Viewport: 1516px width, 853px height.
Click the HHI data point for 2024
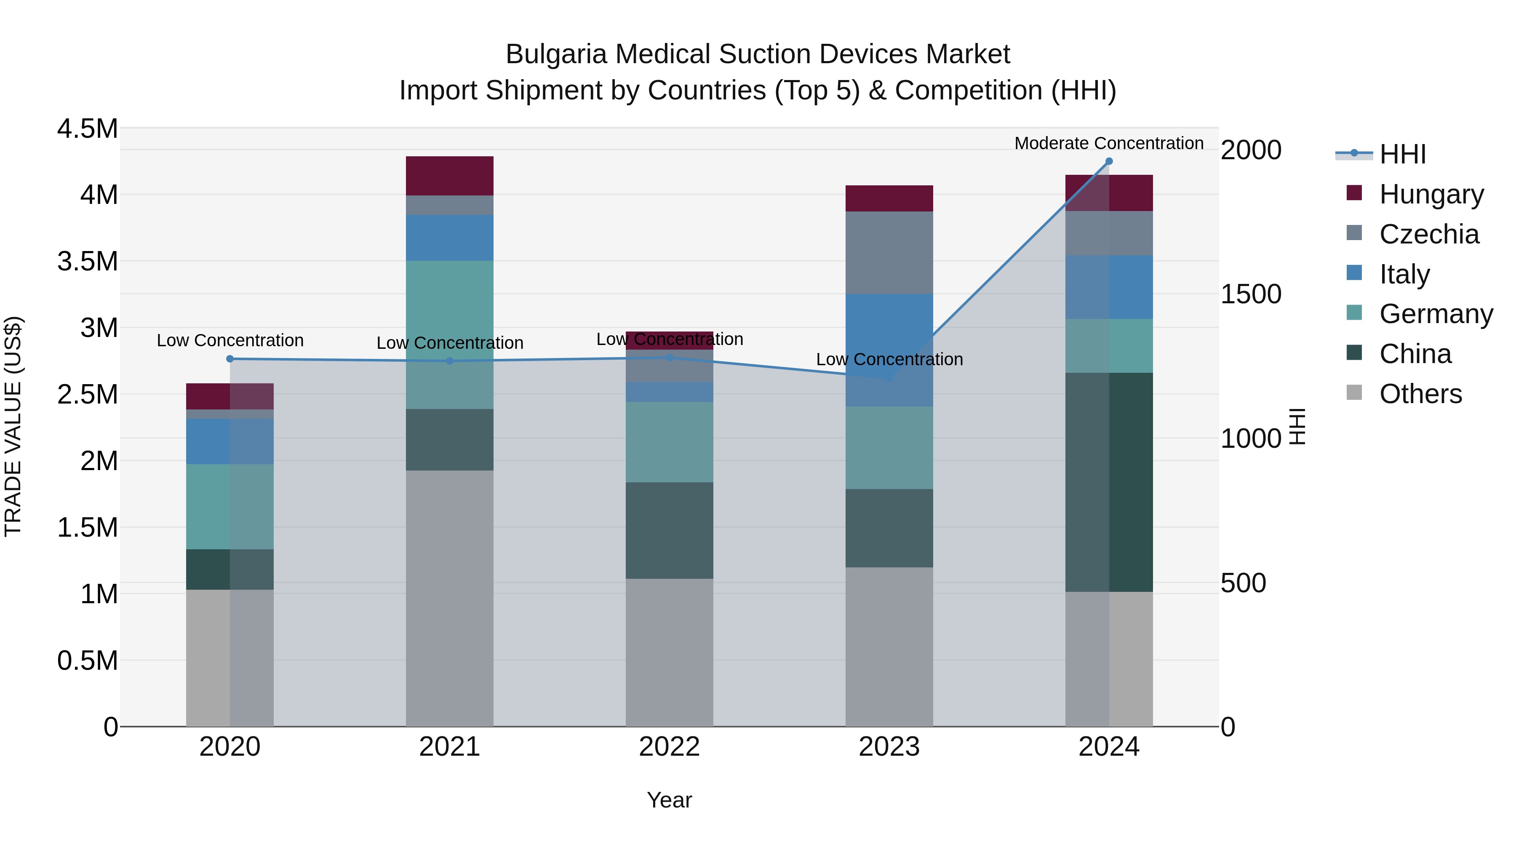point(1109,161)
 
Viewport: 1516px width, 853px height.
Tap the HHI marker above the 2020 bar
point(230,358)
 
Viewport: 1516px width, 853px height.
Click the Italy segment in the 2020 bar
point(230,441)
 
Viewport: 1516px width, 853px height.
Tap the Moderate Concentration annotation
point(1109,143)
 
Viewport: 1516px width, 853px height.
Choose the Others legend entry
point(1420,393)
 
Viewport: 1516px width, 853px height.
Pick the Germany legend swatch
point(1354,313)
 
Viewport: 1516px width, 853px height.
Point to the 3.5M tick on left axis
point(87,261)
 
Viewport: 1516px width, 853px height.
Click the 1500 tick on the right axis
point(1251,294)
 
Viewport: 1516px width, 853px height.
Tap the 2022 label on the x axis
point(669,746)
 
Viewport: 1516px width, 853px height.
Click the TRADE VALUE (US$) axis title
point(13,426)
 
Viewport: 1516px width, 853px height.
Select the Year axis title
point(669,800)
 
